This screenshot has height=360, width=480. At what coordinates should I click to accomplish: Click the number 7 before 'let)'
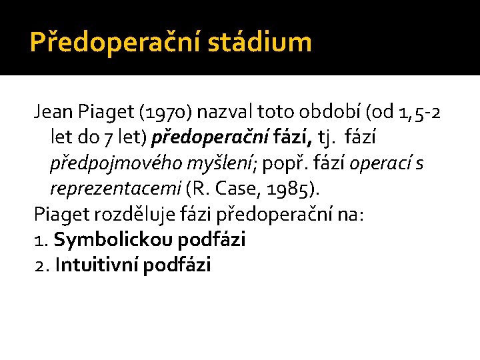[x=107, y=138]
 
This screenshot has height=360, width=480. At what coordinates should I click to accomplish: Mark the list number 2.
[x=41, y=265]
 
